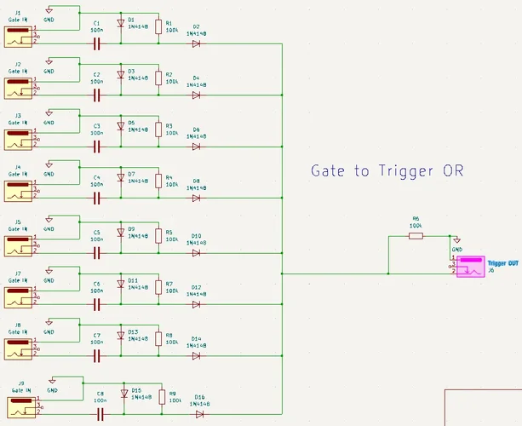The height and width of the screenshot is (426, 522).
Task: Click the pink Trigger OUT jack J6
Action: pyautogui.click(x=468, y=267)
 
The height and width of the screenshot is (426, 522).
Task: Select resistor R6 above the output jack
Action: pyautogui.click(x=416, y=235)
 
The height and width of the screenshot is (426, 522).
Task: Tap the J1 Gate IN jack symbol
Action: pyautogui.click(x=18, y=37)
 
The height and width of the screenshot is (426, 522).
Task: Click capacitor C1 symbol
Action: pyautogui.click(x=96, y=43)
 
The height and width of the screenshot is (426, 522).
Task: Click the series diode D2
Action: pyautogui.click(x=196, y=43)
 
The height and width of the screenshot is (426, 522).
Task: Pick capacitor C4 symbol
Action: pyautogui.click(x=96, y=197)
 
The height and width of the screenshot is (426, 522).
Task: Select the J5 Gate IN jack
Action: pyautogui.click(x=18, y=245)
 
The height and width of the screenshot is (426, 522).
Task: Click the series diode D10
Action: pyautogui.click(x=196, y=252)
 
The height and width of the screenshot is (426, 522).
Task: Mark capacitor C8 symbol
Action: pyautogui.click(x=100, y=414)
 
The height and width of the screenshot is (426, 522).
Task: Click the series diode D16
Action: pyautogui.click(x=199, y=414)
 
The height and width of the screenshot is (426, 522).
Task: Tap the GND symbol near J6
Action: pyautogui.click(x=457, y=241)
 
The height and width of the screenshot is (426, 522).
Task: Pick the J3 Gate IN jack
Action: pyautogui.click(x=18, y=141)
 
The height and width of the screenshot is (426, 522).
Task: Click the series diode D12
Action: pyautogui.click(x=196, y=304)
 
